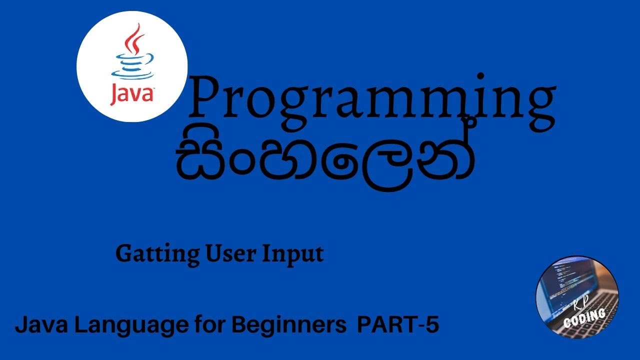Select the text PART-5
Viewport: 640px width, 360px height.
(x=398, y=325)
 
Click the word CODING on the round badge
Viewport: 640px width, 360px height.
(x=584, y=318)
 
